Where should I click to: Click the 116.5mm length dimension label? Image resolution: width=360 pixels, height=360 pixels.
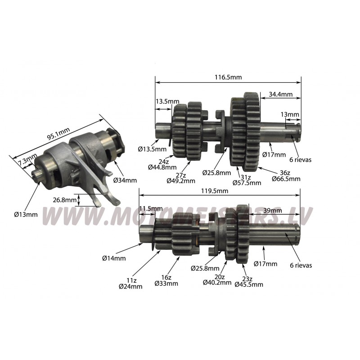[228, 77]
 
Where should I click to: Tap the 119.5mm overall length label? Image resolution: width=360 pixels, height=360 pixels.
[215, 191]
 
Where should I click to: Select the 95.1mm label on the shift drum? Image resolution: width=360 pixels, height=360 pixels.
[58, 133]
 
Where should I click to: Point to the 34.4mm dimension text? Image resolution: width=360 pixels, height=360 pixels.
[281, 94]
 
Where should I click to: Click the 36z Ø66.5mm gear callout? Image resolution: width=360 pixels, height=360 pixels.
[286, 175]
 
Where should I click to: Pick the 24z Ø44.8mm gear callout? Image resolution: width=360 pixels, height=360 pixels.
[162, 164]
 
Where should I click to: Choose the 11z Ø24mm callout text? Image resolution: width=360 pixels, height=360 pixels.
[130, 283]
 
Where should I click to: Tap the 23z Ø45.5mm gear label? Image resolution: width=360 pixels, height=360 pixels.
[249, 282]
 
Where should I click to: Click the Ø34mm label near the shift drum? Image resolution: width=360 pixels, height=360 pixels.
[125, 180]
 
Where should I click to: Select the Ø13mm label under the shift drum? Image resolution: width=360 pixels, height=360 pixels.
[26, 215]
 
